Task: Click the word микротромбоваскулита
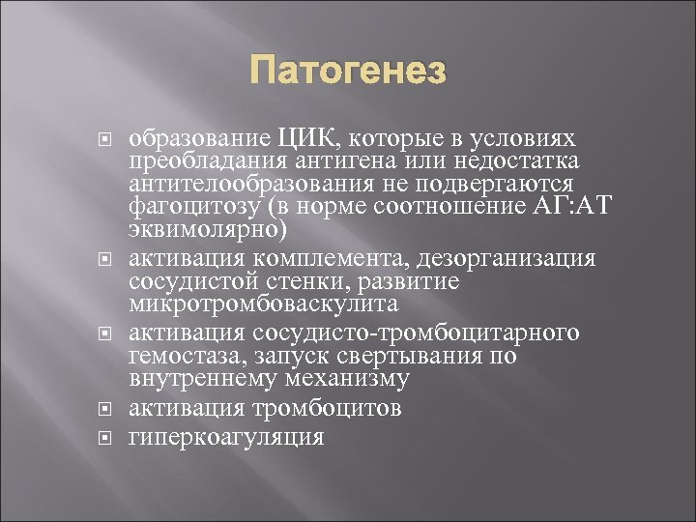point(262,306)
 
